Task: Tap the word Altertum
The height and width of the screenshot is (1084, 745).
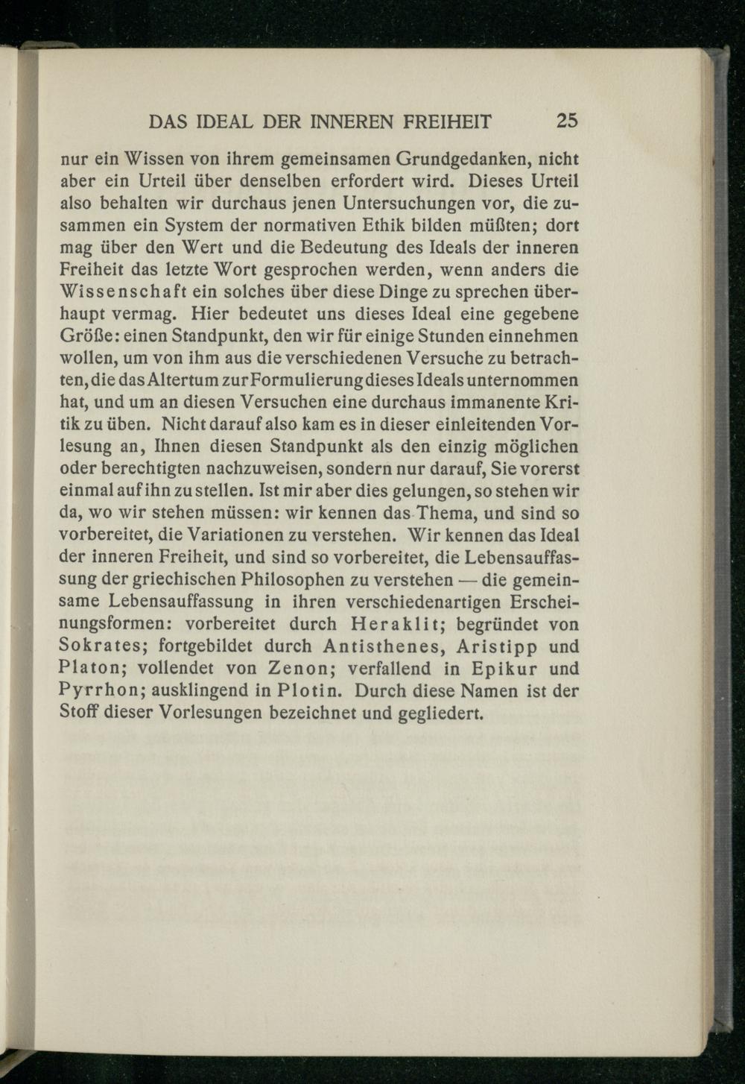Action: [x=181, y=381]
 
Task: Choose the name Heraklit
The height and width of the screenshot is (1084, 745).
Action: [x=388, y=625]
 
